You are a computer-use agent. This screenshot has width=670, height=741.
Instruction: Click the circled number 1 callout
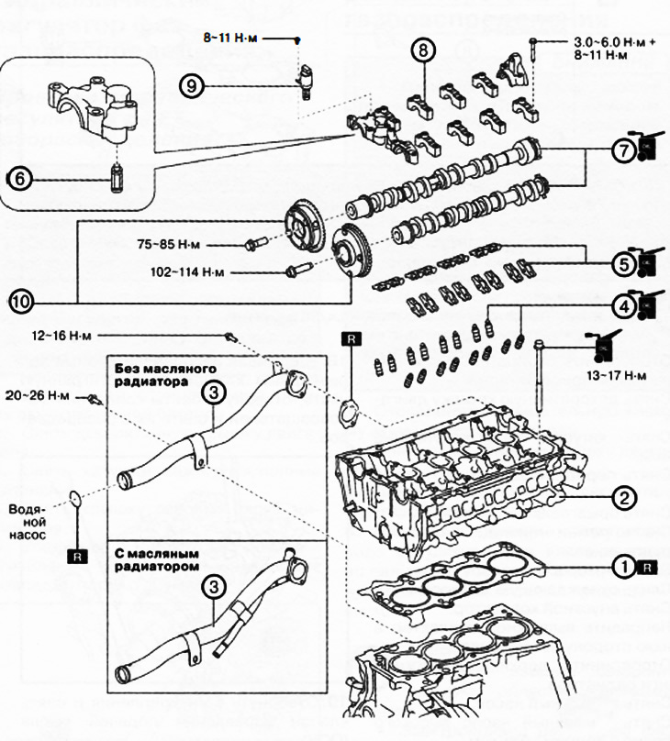click(624, 567)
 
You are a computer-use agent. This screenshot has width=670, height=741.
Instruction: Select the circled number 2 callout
click(624, 499)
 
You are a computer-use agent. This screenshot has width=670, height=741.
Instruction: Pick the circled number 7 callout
click(624, 149)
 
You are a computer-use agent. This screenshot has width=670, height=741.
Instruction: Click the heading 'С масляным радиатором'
click(156, 560)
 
